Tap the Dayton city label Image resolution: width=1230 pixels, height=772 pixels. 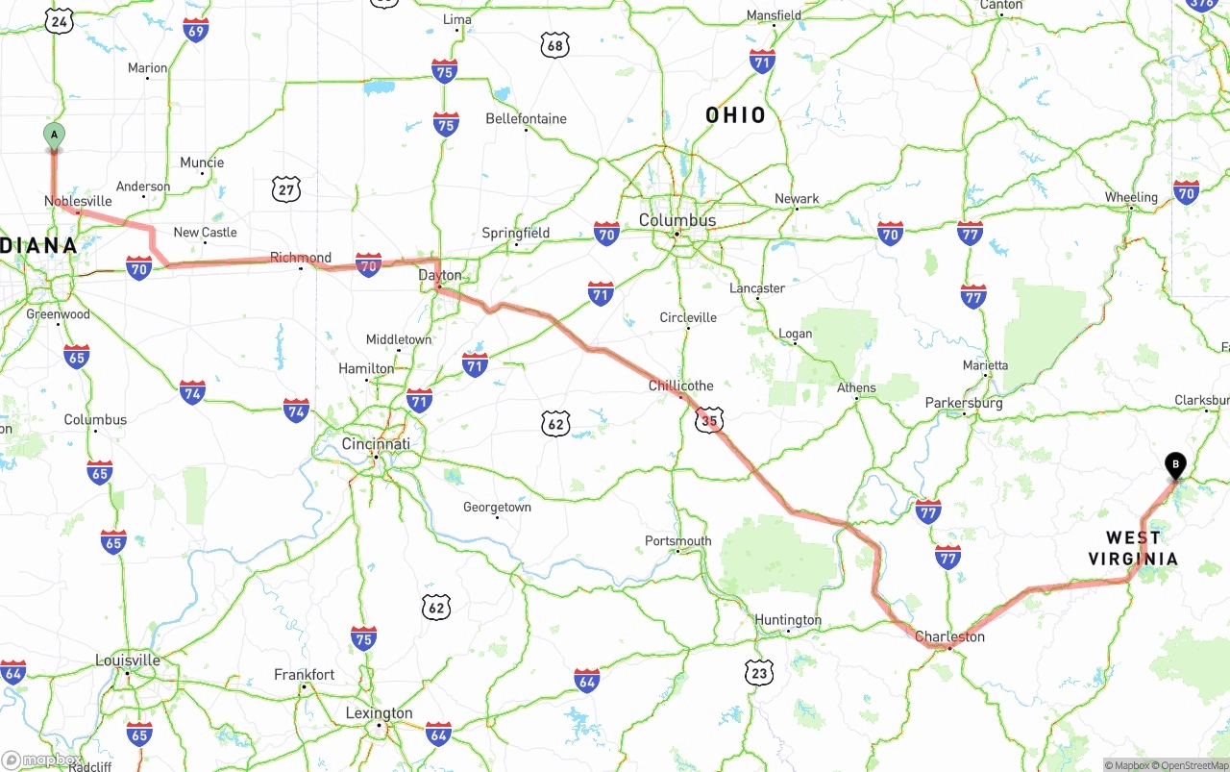[x=440, y=275]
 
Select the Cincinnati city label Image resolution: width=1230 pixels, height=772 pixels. [x=376, y=444]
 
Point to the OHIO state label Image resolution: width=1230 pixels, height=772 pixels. [x=736, y=115]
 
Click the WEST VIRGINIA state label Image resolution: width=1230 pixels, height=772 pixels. [x=1133, y=548]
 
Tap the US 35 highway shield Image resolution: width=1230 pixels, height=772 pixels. [x=709, y=419]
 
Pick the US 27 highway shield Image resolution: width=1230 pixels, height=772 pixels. [x=285, y=189]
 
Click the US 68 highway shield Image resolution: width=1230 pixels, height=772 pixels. [x=554, y=44]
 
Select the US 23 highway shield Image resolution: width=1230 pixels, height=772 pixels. [x=759, y=673]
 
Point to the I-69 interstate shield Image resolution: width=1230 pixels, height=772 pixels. [x=196, y=31]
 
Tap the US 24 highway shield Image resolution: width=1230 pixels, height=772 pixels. [x=59, y=20]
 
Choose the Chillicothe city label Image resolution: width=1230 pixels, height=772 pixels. [x=681, y=386]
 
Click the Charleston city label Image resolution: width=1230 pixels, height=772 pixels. [x=949, y=636]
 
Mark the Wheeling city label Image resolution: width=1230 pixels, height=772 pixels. [x=1131, y=197]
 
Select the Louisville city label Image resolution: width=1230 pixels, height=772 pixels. [x=128, y=660]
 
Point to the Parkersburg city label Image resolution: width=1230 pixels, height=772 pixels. [x=964, y=403]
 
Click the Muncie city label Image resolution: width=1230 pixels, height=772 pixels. [x=202, y=162]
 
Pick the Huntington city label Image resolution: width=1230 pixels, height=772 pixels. [x=788, y=620]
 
